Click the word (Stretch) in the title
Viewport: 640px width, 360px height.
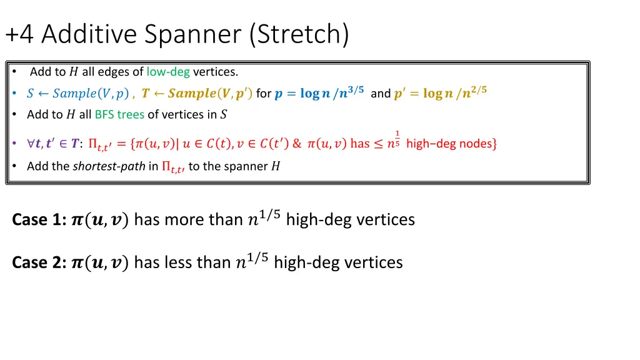(x=299, y=34)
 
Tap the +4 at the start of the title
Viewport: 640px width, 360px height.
(x=20, y=34)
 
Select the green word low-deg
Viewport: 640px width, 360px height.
(x=168, y=72)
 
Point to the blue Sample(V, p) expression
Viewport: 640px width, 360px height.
(x=91, y=94)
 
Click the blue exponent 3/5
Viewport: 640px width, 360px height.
(x=354, y=90)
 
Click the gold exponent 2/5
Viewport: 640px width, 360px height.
(x=477, y=90)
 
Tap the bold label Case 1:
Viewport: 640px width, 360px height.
(x=39, y=220)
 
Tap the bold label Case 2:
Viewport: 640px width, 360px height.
(x=39, y=262)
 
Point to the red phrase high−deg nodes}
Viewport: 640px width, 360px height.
(x=451, y=144)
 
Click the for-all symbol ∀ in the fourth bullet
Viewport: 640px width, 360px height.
(x=31, y=144)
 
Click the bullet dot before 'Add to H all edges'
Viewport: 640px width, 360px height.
(x=14, y=72)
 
